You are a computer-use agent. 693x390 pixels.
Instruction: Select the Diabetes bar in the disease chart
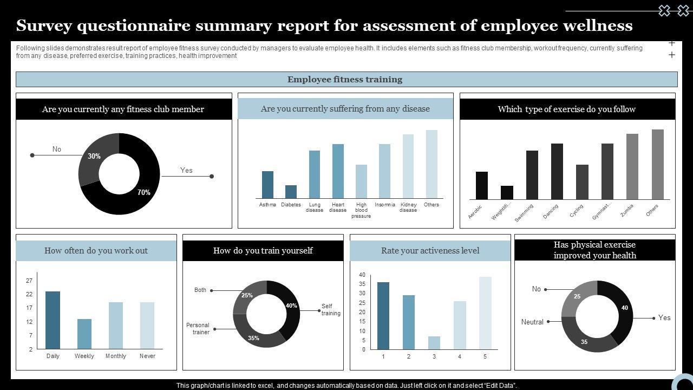291,192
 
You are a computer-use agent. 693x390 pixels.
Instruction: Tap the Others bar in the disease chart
432,164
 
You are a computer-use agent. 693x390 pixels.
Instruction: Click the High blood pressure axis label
361,210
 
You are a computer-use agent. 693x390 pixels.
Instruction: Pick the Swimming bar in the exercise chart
532,175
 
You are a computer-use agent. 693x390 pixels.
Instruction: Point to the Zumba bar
632,166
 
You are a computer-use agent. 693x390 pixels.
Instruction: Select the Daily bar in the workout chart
53,320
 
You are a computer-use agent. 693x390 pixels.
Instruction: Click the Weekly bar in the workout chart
84,334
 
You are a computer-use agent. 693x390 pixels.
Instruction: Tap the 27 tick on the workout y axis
29,281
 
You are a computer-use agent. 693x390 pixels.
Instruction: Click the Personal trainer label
198,329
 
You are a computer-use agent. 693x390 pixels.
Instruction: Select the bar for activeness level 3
434,343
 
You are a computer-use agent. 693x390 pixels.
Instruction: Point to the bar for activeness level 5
485,313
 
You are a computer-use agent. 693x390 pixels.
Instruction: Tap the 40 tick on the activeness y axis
362,275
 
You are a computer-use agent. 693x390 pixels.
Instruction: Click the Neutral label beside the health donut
532,322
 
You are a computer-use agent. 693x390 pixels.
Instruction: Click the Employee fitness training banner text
345,80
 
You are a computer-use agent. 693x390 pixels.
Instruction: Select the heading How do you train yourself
263,251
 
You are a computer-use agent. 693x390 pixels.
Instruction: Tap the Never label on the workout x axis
147,356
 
